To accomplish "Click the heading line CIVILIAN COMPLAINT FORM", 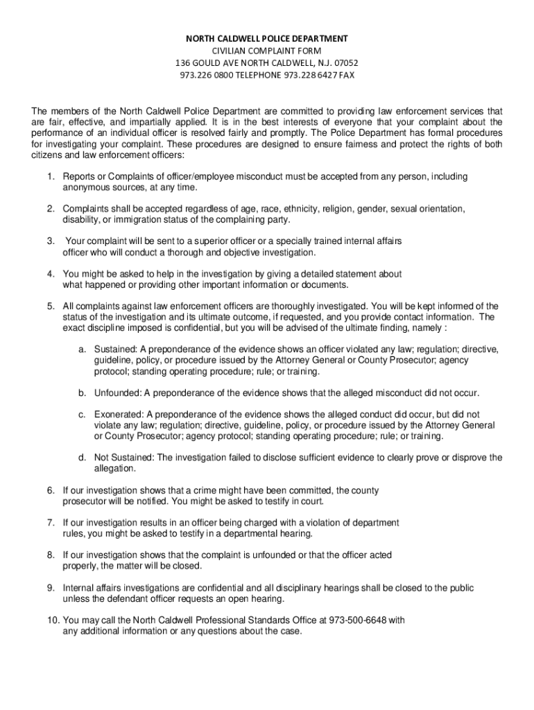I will point(267,51).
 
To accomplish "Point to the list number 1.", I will point(50,177).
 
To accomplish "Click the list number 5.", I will point(50,306).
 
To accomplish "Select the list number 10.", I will point(53,620).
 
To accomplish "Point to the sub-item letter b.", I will point(81,393).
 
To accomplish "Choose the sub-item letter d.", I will point(81,458).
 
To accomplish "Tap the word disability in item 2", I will point(80,220).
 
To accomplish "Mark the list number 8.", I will point(50,555).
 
